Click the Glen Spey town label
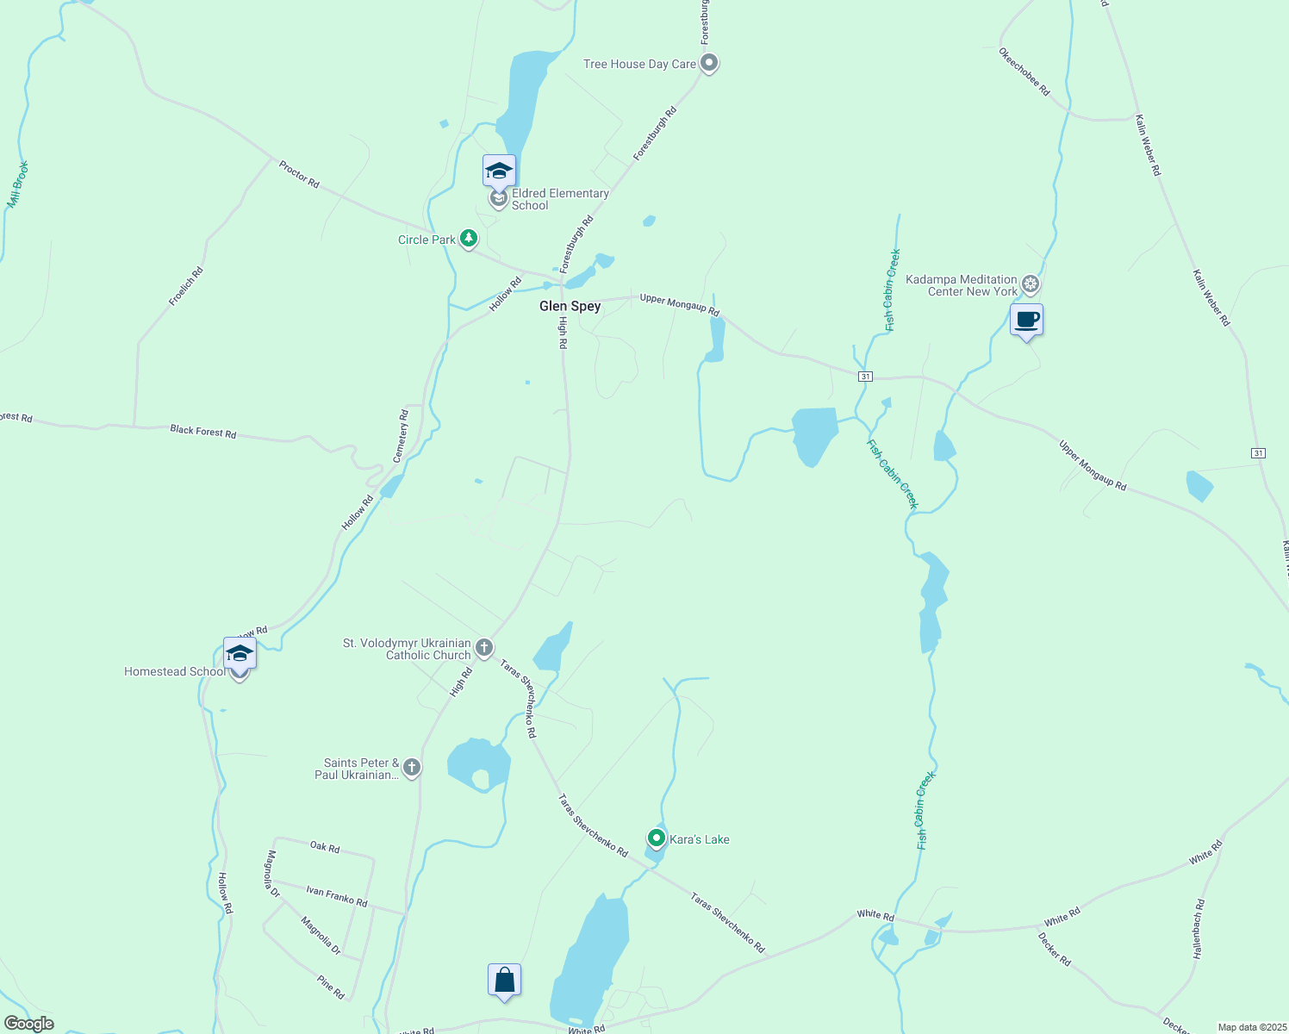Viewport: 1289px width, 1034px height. click(x=570, y=306)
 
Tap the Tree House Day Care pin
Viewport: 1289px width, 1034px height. click(x=709, y=63)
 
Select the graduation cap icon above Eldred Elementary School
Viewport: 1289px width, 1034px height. click(x=499, y=171)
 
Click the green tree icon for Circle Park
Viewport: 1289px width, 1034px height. click(x=469, y=238)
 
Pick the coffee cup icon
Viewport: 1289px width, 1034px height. click(x=1026, y=320)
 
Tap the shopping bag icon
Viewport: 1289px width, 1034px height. click(x=504, y=980)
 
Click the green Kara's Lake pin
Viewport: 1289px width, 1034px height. click(x=657, y=838)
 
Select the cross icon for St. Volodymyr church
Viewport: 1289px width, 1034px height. click(x=484, y=647)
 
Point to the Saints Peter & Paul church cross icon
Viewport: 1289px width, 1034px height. click(x=412, y=767)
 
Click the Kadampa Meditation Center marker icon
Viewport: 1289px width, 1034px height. click(x=1031, y=283)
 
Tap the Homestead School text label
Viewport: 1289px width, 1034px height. click(x=174, y=671)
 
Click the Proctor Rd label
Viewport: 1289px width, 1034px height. click(x=299, y=173)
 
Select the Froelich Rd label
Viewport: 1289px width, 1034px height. click(x=186, y=286)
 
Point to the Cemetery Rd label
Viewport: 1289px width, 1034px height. click(x=401, y=436)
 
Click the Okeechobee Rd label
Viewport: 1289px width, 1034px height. click(x=1024, y=72)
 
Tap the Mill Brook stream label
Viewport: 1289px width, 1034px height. click(x=18, y=184)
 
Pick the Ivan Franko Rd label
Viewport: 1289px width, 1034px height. click(x=336, y=896)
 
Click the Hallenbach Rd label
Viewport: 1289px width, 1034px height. click(x=1199, y=929)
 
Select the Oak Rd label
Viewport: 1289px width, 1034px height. click(x=325, y=847)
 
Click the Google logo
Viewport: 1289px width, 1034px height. click(x=29, y=1024)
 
